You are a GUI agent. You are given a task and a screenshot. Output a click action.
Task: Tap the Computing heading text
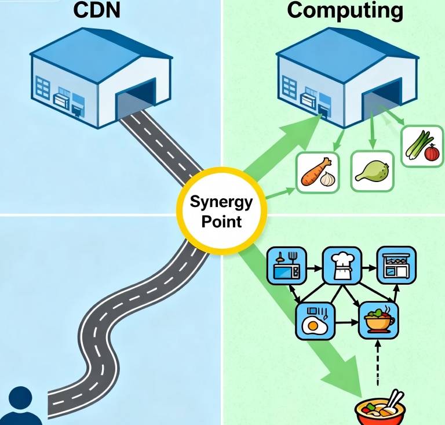click(x=345, y=10)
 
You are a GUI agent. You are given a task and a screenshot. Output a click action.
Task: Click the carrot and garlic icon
click(x=317, y=172)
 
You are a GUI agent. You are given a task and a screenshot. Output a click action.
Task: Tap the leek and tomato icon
click(x=422, y=146)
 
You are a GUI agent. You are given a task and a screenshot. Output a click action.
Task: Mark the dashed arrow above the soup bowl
click(x=377, y=365)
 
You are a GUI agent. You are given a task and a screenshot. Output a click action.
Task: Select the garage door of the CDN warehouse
click(x=136, y=100)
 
